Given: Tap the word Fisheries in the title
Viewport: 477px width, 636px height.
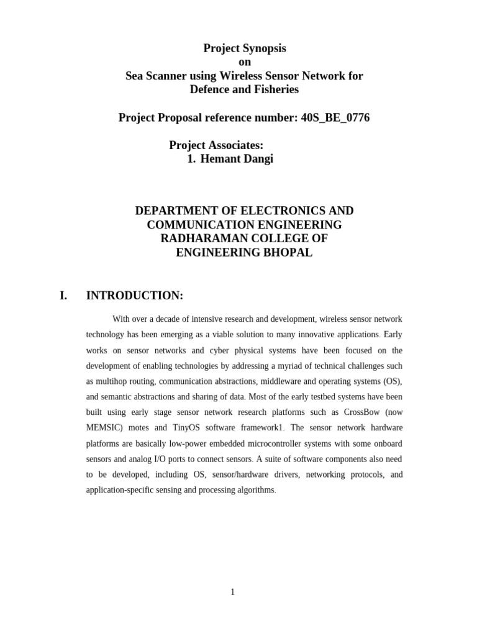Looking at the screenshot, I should click(273, 89).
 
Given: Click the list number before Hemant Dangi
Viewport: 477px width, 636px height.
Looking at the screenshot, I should click(191, 159).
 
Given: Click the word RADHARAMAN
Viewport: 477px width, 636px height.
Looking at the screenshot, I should click(204, 238).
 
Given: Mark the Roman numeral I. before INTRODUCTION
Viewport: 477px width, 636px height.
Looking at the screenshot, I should click(63, 296).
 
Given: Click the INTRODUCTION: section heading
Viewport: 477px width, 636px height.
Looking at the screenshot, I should click(134, 296).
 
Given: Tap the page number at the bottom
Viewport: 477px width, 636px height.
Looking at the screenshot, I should click(232, 592).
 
